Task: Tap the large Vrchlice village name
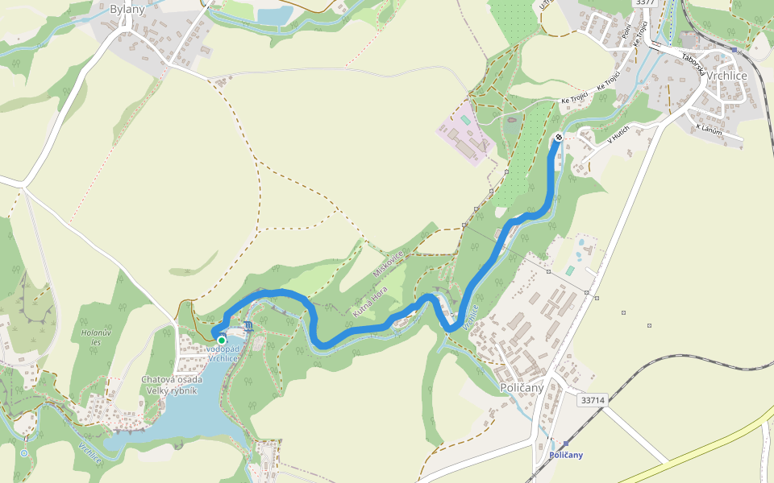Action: (726, 75)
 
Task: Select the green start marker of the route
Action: (222, 341)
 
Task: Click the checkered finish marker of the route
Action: (558, 137)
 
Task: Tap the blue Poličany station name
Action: (565, 456)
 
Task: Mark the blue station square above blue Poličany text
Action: (565, 444)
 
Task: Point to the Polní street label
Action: (627, 32)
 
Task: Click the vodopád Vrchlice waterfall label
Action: (223, 353)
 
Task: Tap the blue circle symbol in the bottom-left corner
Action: (24, 453)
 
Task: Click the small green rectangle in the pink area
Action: (466, 120)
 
